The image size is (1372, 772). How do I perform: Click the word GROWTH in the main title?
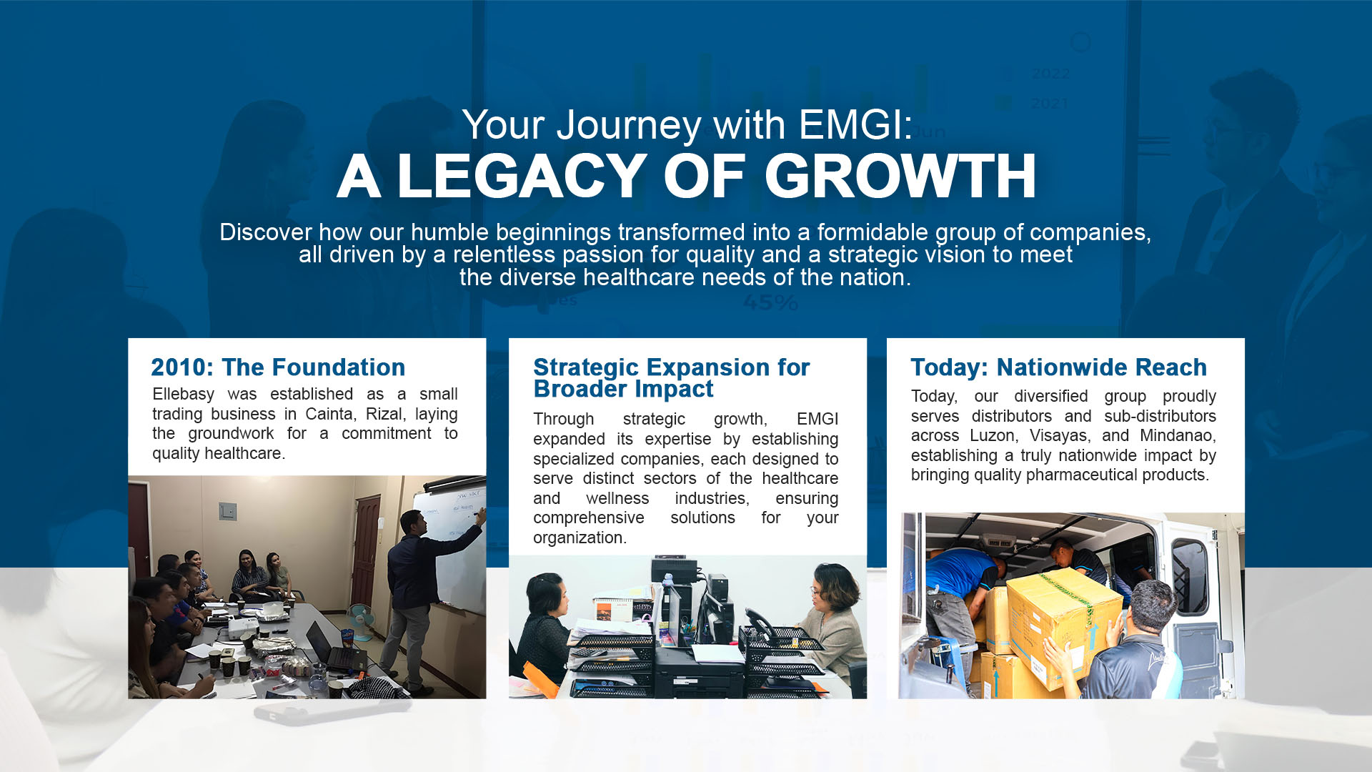(900, 176)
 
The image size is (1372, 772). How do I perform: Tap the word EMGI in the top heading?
(856, 124)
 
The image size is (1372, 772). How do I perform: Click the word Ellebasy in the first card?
(183, 395)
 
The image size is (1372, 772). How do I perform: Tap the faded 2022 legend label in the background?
(1050, 74)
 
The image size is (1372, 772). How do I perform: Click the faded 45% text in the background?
(770, 303)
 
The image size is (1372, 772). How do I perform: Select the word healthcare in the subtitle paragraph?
(639, 277)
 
